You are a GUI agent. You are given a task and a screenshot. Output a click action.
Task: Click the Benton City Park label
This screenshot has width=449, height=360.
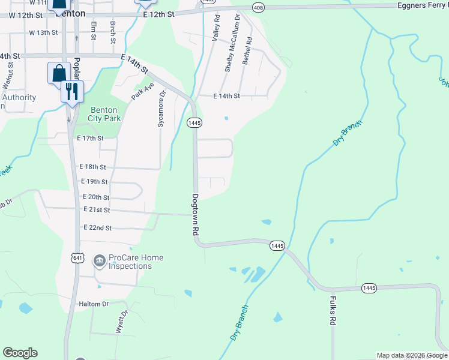click(x=106, y=114)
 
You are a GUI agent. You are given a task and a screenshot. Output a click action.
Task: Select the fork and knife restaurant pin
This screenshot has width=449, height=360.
click(x=71, y=92)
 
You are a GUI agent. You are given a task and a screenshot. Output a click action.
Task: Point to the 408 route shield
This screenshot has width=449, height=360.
click(x=258, y=7)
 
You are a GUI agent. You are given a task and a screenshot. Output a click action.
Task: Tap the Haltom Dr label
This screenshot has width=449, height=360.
click(x=93, y=304)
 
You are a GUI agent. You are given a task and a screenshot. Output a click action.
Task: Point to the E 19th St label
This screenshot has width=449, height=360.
click(x=94, y=181)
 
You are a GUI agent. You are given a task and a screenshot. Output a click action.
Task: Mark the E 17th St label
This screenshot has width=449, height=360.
click(x=91, y=138)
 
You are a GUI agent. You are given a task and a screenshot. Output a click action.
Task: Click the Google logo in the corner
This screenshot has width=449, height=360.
click(x=20, y=353)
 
